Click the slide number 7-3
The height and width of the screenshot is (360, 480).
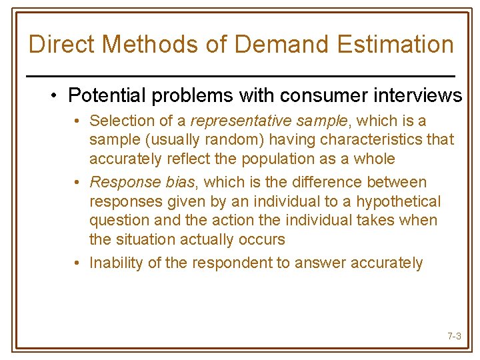click(454, 337)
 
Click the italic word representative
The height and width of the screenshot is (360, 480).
click(234, 121)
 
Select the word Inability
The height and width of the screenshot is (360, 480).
click(115, 263)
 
